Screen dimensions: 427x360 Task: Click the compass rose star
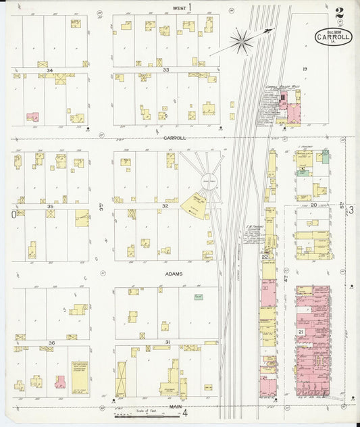241,43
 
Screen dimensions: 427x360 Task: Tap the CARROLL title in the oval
333,38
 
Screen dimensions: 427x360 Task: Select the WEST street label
179,7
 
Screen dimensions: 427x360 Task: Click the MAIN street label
176,407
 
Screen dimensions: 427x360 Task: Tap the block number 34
49,70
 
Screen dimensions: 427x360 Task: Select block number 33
165,70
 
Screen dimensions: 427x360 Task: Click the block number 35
50,206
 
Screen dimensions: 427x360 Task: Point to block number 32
165,206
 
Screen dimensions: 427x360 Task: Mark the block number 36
50,343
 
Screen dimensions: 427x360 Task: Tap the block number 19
305,70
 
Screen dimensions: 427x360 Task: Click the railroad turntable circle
209,180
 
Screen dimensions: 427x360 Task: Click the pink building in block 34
32,117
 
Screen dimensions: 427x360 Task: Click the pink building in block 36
60,382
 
